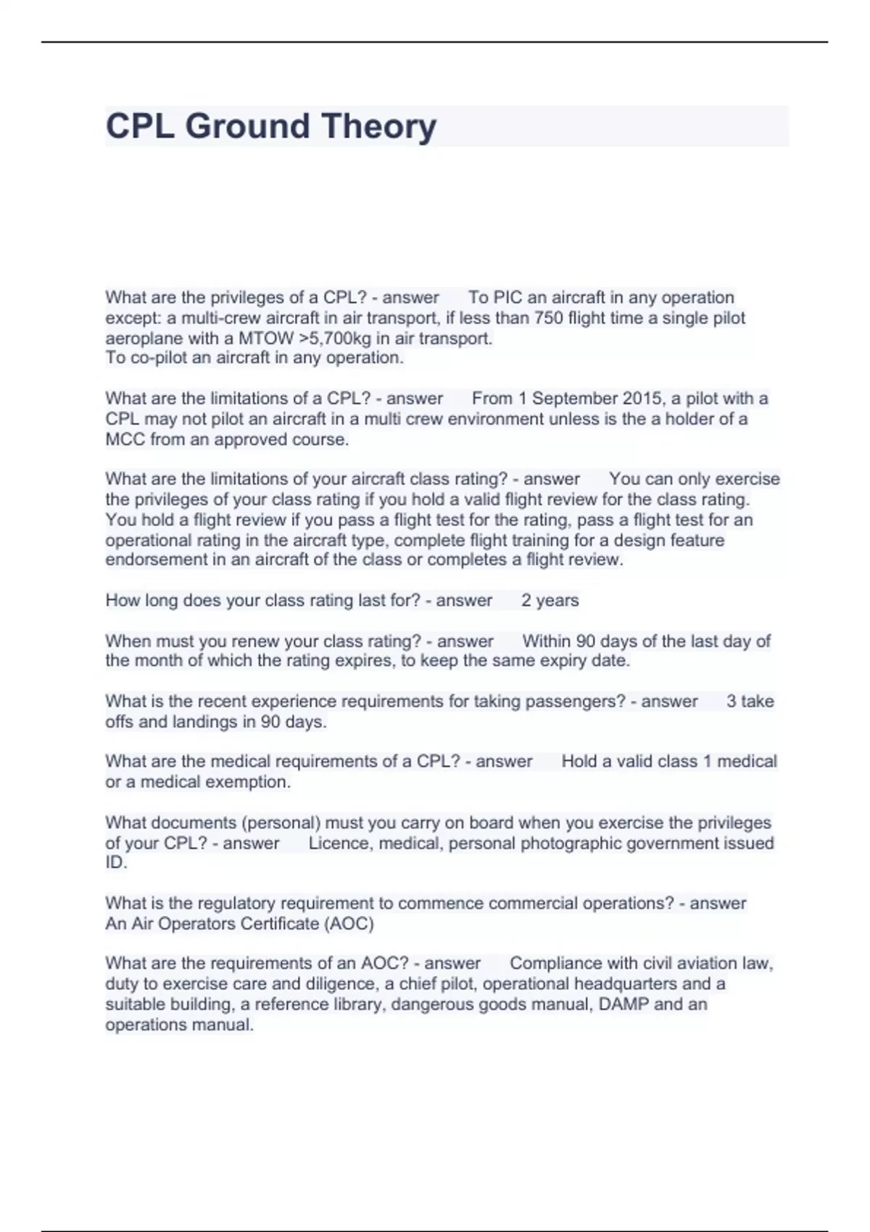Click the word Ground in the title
click(248, 126)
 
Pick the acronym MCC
click(125, 439)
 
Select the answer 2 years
click(550, 601)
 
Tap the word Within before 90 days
click(547, 641)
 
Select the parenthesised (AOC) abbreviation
click(349, 924)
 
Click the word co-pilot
click(159, 358)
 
